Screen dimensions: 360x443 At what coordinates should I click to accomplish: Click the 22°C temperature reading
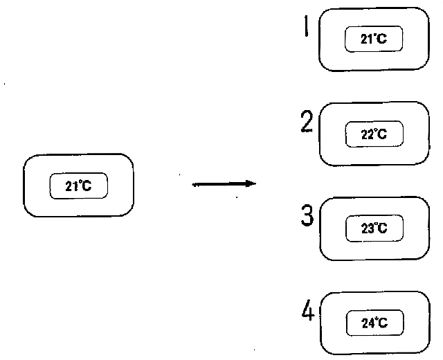(374, 135)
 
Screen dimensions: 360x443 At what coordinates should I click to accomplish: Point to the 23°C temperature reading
(374, 228)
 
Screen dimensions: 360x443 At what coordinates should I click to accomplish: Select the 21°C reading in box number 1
(374, 40)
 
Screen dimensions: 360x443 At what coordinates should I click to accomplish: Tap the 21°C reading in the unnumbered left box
(78, 186)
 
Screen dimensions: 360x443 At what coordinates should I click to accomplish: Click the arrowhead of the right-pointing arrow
(251, 183)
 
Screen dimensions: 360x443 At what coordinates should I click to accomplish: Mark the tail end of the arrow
(194, 184)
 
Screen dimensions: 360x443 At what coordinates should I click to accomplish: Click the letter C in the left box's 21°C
(87, 186)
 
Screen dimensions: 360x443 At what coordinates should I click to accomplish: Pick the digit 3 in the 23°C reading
(369, 228)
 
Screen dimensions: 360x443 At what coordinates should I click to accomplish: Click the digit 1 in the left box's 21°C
(73, 186)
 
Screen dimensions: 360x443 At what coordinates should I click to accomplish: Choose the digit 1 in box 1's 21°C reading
(369, 40)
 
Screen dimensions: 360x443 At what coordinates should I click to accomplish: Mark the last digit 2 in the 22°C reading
(369, 135)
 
